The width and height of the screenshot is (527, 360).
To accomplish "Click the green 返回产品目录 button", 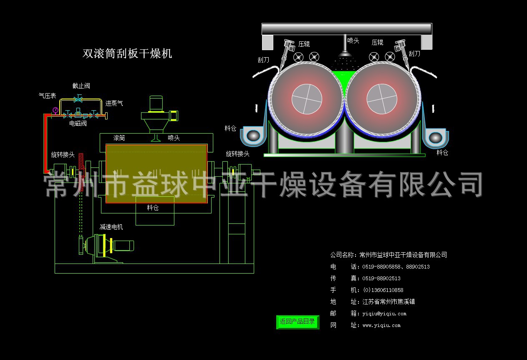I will (298, 322).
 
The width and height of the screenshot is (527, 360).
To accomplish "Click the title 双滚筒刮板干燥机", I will (127, 53).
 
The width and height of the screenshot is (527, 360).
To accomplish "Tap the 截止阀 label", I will (81, 86).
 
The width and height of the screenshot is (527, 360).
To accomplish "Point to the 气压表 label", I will (47, 96).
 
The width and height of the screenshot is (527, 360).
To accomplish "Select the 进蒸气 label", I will (114, 104).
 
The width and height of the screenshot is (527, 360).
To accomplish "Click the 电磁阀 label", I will (78, 124).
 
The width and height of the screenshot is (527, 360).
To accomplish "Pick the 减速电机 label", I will (111, 227).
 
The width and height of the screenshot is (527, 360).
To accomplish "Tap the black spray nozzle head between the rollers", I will (345, 53).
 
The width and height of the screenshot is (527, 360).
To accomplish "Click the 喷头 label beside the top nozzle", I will (353, 41).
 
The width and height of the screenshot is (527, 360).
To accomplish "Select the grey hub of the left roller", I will (307, 99).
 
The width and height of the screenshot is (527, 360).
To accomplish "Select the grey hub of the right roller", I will (382, 99).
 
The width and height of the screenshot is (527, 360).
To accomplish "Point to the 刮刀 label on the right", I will (414, 53).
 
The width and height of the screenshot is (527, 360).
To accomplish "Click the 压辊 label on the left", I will (304, 44).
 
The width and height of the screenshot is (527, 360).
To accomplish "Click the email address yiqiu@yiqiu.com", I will (384, 314).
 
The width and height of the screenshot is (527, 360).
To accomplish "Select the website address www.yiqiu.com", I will (381, 325).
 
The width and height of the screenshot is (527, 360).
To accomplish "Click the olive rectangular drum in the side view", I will (156, 174).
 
